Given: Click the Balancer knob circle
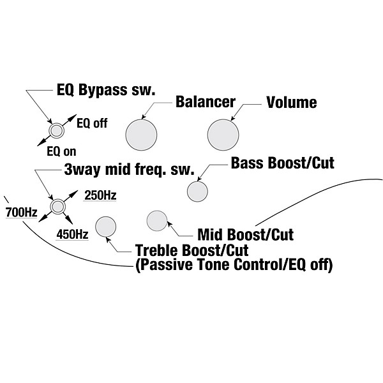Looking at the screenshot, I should point(142,134).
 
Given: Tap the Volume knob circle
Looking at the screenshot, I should point(223,134).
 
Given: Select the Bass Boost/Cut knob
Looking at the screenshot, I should point(197,190).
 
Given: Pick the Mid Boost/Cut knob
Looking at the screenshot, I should point(156,221).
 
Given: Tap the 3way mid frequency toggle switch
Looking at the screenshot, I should point(58,206).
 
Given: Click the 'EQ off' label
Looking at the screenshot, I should point(91,123).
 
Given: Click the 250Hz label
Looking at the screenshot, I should point(101,195).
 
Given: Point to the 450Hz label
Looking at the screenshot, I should point(72,234).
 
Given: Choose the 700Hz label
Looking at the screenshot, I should point(20,211).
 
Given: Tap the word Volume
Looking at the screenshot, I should point(291,102).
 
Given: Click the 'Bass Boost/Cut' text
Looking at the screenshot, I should point(282,163).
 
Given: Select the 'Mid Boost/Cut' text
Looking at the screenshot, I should point(246,234).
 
